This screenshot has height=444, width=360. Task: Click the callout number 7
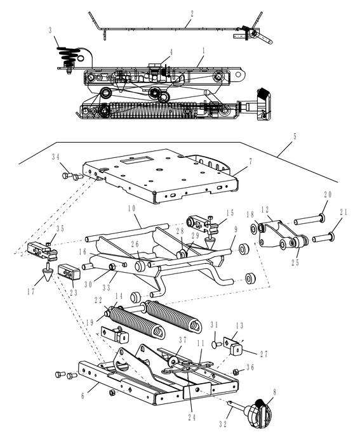[250, 161]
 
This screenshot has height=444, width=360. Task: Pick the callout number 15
[230, 213]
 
